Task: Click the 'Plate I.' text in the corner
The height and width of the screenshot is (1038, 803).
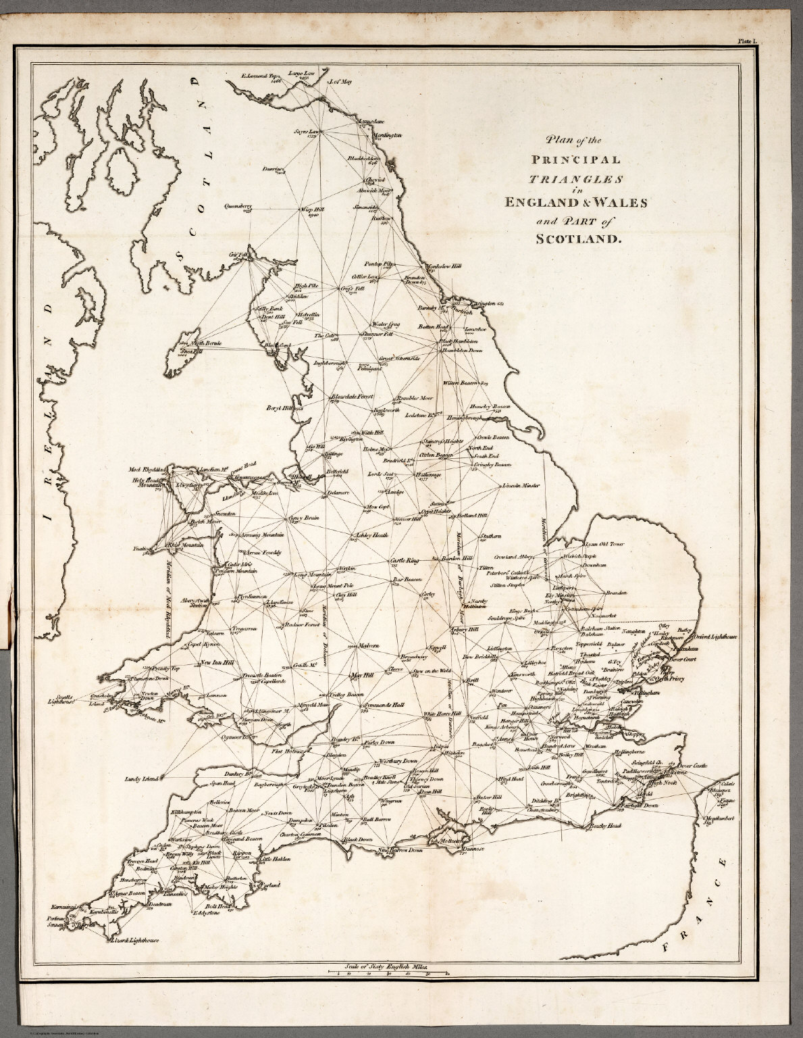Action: pyautogui.click(x=748, y=41)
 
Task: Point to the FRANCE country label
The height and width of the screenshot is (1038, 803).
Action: pyautogui.click(x=696, y=906)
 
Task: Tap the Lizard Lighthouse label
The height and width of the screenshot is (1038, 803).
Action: pyautogui.click(x=133, y=940)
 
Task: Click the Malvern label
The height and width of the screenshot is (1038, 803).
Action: pyautogui.click(x=369, y=645)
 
